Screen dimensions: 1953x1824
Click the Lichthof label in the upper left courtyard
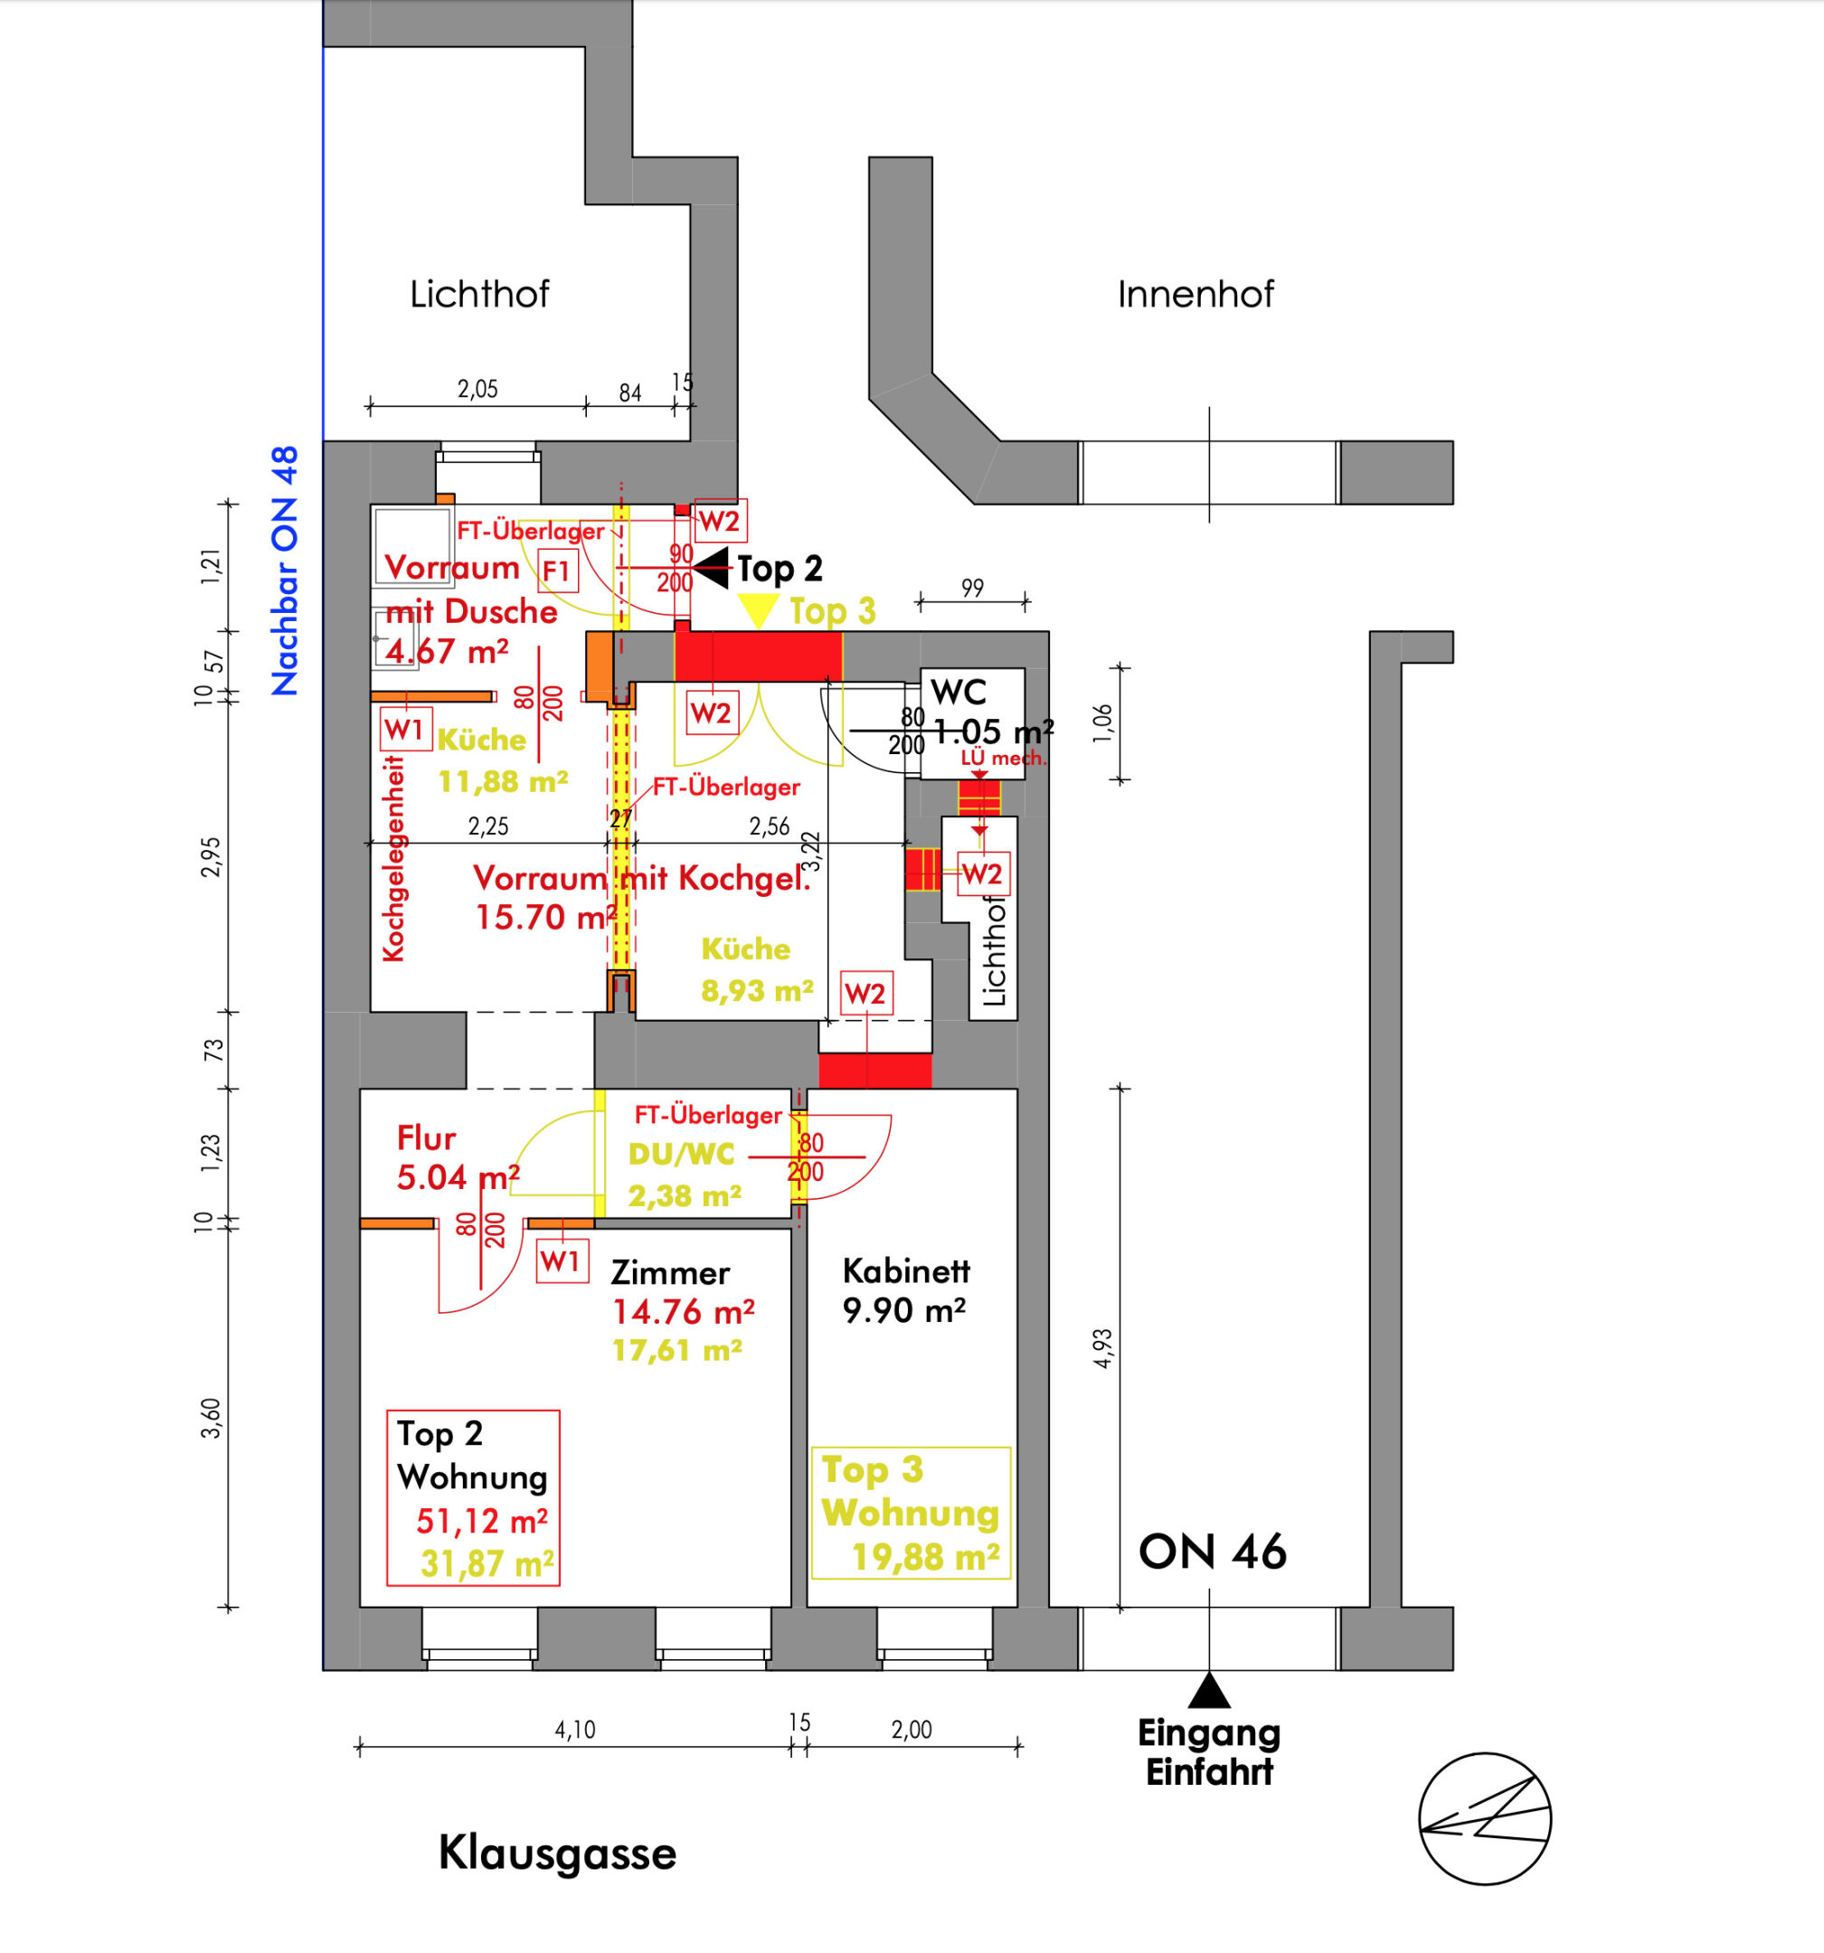click(478, 294)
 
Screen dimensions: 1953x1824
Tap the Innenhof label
click(1195, 294)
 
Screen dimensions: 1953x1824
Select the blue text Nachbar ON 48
click(285, 571)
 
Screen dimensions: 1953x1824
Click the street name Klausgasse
click(557, 1854)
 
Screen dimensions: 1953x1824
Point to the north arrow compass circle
click(1484, 1819)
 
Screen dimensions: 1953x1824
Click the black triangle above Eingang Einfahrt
click(1209, 1691)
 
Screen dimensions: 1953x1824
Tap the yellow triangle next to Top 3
click(759, 610)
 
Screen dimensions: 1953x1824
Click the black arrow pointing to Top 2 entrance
click(712, 568)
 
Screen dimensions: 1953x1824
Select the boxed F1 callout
click(557, 571)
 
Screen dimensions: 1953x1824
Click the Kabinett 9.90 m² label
click(905, 1290)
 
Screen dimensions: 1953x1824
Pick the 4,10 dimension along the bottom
click(575, 1729)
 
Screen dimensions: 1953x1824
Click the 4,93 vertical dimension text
click(1102, 1348)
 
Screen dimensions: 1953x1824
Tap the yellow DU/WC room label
click(681, 1154)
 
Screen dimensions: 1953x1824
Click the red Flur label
click(427, 1137)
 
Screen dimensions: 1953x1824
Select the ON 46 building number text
click(1212, 1552)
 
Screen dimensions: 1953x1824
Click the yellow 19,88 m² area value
click(925, 1557)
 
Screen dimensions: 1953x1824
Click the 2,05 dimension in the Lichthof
click(477, 389)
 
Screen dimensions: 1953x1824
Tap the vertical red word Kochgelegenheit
click(393, 859)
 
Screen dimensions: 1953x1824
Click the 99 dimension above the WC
click(972, 588)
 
